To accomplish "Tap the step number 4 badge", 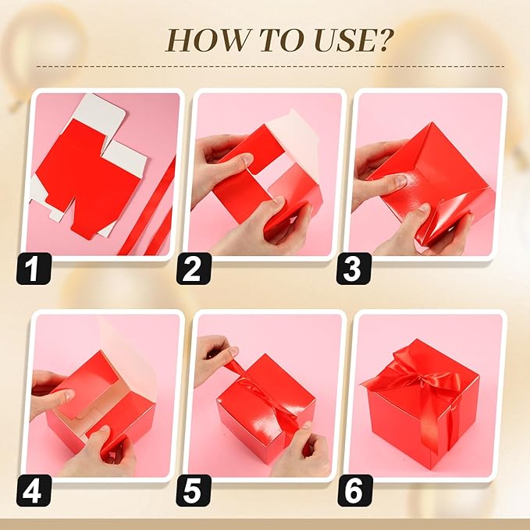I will point(34,489).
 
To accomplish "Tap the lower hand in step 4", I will point(98,457).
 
